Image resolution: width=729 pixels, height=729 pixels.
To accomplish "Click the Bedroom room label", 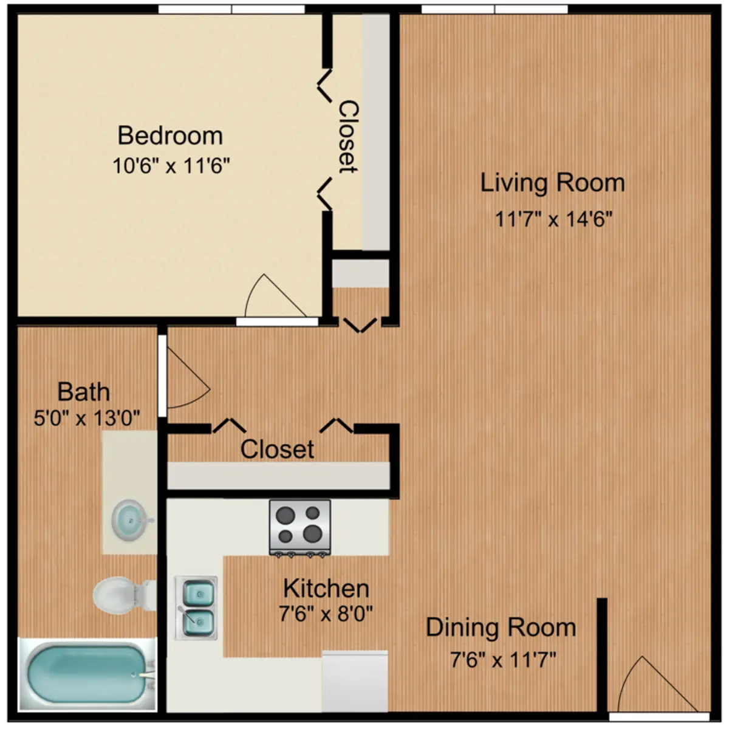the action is (170, 135).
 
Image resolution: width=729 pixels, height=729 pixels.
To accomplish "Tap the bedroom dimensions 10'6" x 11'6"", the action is (171, 165).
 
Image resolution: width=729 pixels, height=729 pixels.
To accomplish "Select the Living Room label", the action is (552, 183).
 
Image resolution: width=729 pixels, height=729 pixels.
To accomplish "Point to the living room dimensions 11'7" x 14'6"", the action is (553, 219).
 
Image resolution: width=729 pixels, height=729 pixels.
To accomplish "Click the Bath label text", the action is (84, 392).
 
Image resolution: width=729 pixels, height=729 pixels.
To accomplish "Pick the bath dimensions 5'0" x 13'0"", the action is (87, 418).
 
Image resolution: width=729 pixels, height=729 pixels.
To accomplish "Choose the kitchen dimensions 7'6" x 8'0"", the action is (326, 614).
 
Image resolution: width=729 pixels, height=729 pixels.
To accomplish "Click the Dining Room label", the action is (501, 628).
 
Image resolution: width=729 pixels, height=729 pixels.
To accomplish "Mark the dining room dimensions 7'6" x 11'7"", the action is (503, 660).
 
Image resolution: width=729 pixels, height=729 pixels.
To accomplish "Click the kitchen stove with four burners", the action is (299, 527).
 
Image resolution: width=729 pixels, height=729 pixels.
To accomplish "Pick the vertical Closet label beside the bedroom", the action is (348, 137).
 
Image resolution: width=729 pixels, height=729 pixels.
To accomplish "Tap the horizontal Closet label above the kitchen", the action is (277, 449).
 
